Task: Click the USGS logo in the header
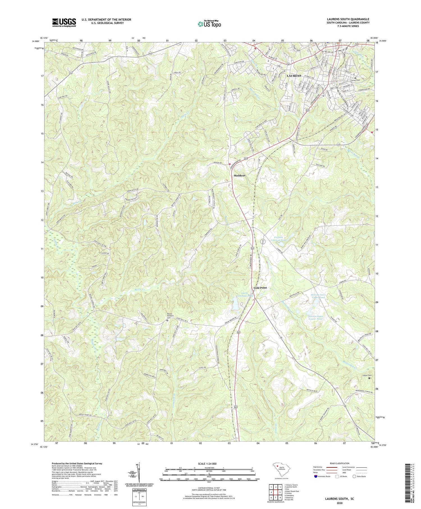tap(64, 22)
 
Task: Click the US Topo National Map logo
tap(209, 24)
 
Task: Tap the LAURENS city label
tap(294, 76)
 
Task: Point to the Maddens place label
tap(239, 175)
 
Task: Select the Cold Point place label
tap(260, 288)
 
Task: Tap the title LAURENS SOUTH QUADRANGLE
tap(348, 19)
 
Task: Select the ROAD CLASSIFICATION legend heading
tap(339, 463)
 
